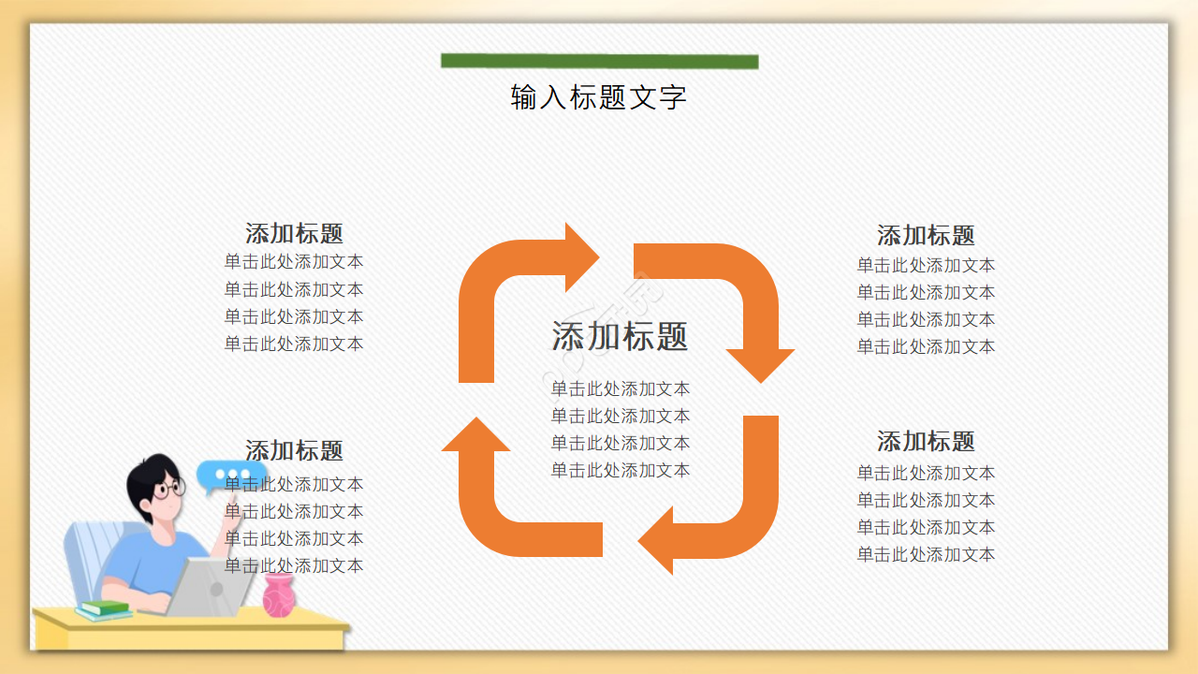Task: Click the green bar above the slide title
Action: tap(599, 62)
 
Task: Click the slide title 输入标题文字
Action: tap(599, 97)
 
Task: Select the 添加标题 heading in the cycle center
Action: tap(620, 336)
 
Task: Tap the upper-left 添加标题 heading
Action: tap(294, 233)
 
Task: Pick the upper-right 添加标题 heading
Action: tap(926, 235)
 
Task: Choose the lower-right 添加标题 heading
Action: tap(926, 441)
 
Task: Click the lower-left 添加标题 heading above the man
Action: tap(294, 450)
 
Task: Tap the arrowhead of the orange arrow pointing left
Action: tap(657, 540)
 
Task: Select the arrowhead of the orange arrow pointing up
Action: tap(475, 436)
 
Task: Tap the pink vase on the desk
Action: tap(278, 595)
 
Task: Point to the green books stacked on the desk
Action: tap(104, 610)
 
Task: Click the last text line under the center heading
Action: tap(620, 470)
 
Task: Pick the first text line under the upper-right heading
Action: tap(926, 265)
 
